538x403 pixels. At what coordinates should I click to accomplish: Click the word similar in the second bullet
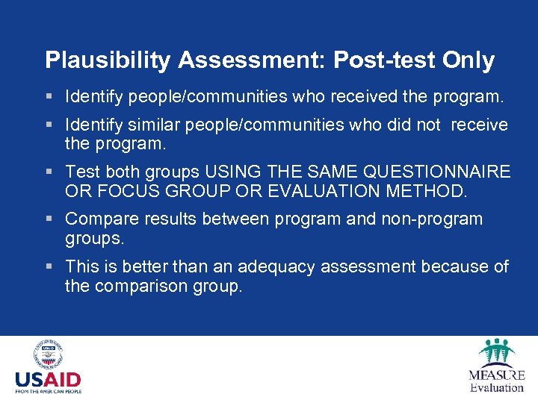click(152, 125)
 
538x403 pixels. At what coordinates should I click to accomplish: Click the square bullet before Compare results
click(49, 220)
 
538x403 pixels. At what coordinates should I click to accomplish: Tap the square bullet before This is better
click(49, 267)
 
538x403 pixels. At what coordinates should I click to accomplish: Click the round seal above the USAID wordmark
click(48, 354)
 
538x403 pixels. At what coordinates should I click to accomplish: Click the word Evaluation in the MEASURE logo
click(496, 387)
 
